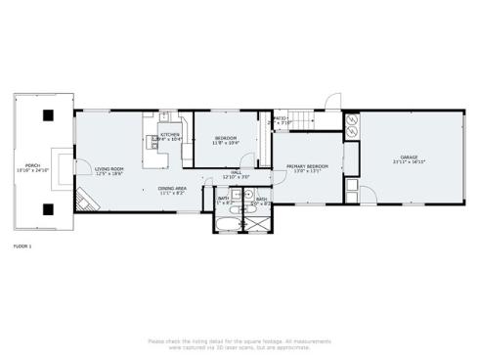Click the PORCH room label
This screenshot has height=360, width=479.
point(33,165)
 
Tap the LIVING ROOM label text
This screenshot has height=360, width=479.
point(109,168)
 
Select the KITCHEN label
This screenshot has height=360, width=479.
point(170,135)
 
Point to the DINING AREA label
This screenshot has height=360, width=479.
point(173,189)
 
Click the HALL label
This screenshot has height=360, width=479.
point(237,172)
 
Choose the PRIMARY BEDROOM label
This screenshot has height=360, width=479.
point(307,166)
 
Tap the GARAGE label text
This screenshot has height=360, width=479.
point(409,157)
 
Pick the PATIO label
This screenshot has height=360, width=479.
point(280,118)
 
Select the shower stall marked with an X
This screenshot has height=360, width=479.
point(258,222)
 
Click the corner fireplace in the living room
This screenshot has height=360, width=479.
point(88,201)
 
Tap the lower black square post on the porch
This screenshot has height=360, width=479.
point(47,206)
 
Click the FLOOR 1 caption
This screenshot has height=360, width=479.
point(22,245)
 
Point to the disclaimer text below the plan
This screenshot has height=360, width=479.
point(239,343)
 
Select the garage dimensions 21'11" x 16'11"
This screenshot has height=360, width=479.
point(409,162)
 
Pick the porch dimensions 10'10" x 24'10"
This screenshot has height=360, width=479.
point(33,170)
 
